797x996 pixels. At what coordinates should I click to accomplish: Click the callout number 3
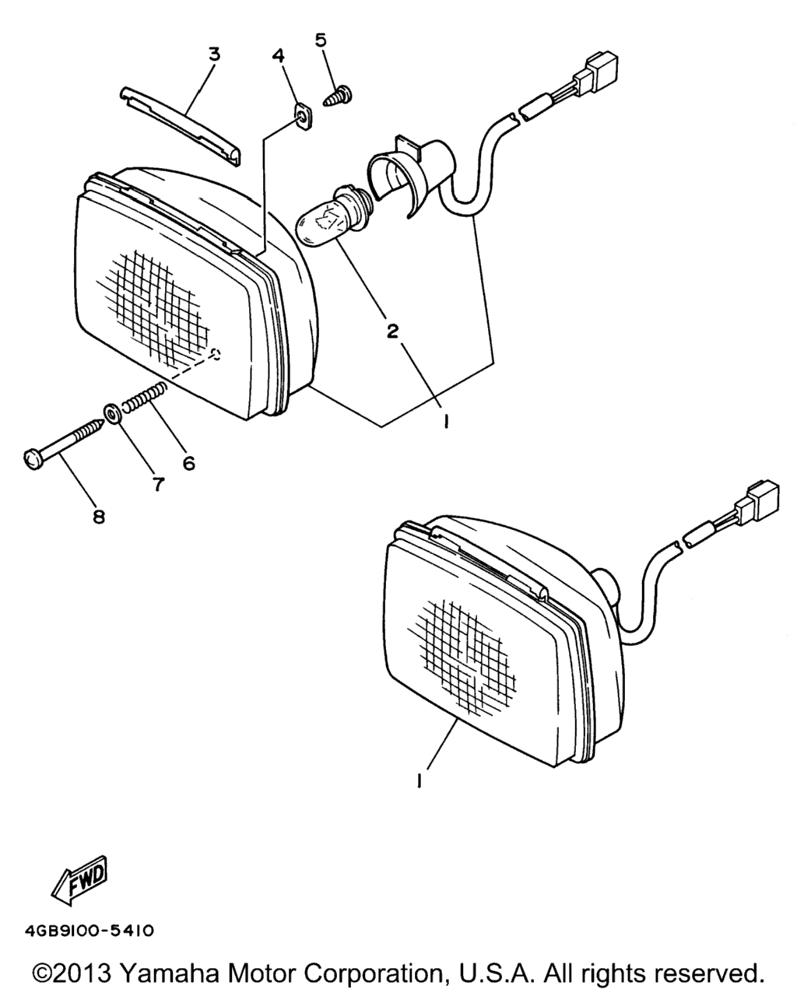(214, 54)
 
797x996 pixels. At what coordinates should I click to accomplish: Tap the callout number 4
(279, 55)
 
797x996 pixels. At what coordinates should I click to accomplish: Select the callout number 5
(321, 40)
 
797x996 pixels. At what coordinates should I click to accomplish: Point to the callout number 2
(392, 331)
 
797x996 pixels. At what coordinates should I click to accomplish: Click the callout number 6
(189, 463)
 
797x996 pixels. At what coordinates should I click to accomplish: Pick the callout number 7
(158, 484)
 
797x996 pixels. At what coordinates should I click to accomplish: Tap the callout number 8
(99, 516)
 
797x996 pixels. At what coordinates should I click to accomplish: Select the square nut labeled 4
(303, 118)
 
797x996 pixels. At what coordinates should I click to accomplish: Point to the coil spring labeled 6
(144, 395)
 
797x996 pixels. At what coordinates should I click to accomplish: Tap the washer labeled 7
(111, 412)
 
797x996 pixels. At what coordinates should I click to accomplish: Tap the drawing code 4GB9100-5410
(90, 931)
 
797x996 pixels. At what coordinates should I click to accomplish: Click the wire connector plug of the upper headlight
(595, 75)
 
